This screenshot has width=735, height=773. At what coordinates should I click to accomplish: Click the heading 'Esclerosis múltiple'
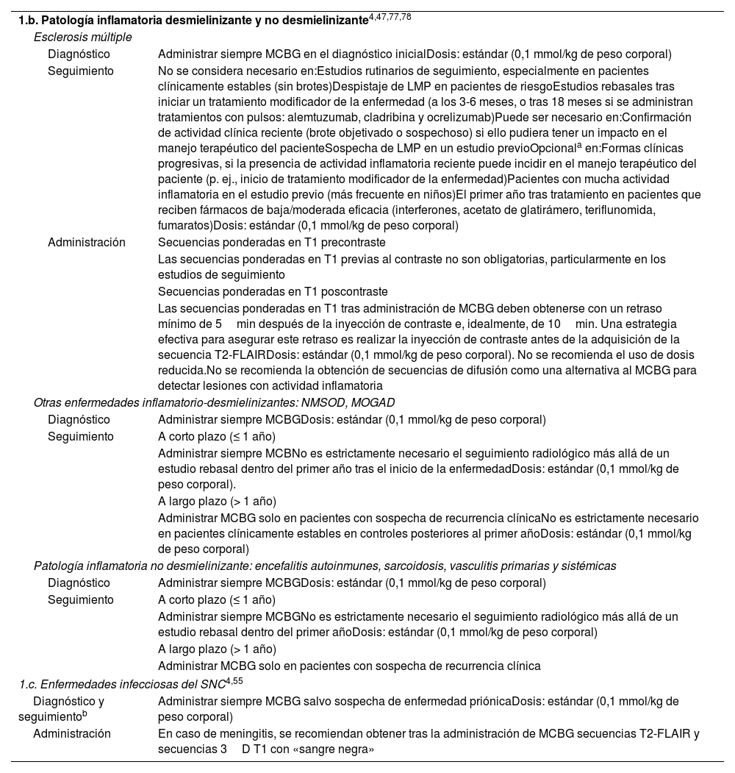[83, 37]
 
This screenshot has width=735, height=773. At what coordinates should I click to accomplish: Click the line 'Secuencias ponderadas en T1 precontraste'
[272, 243]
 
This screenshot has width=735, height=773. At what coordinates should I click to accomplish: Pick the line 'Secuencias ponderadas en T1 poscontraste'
[273, 292]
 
